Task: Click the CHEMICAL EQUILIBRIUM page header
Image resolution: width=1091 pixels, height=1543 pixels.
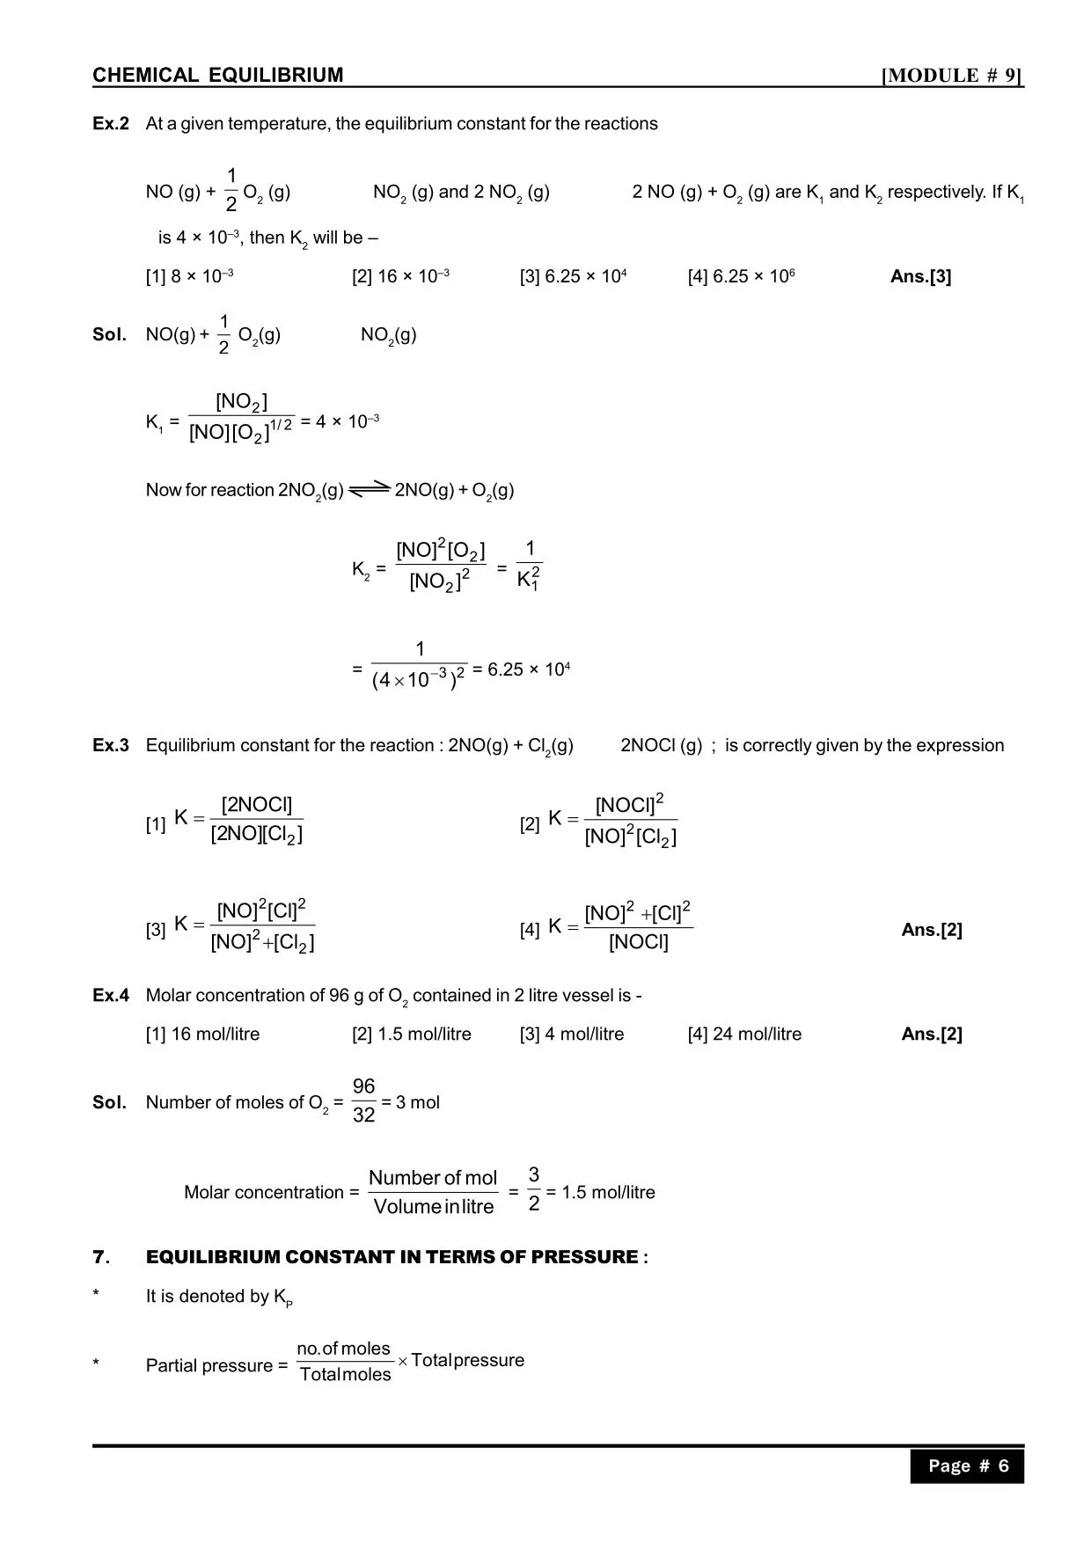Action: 218,76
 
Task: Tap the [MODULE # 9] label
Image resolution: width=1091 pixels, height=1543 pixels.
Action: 952,76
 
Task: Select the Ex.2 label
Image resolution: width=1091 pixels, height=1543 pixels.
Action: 111,124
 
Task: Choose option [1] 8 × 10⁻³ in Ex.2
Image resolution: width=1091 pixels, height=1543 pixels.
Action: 189,276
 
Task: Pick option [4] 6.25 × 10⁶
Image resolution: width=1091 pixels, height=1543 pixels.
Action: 741,276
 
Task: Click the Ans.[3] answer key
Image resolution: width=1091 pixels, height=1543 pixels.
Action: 920,276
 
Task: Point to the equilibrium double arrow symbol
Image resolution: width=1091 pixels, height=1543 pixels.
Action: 370,489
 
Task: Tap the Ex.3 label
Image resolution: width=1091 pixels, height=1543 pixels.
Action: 111,746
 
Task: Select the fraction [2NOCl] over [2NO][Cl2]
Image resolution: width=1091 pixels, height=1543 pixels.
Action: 256,819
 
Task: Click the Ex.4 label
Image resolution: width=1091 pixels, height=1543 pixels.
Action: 111,996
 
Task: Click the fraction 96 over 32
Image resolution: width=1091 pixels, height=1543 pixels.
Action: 363,1101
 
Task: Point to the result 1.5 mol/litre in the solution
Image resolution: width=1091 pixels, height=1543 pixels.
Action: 608,1193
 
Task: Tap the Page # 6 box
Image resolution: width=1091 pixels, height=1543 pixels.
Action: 967,1466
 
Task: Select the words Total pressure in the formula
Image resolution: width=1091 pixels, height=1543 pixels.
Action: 467,1360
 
